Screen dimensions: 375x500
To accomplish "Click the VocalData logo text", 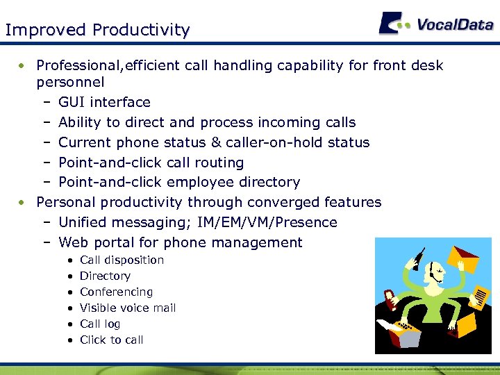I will pos(455,24).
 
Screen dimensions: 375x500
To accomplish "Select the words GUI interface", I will pos(104,103).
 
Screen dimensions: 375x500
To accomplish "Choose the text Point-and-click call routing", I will pos(151,162).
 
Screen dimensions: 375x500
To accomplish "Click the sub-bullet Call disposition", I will pos(122,260).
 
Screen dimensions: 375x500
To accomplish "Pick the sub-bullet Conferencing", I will pos(116,292).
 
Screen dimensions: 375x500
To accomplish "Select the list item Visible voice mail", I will pos(128,308).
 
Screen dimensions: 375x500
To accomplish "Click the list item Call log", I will pos(100,324).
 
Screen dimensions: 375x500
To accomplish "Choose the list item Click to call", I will pos(111,340).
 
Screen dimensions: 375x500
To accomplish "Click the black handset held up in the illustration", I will pos(417,258).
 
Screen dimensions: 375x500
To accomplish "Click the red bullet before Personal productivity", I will pos(23,203).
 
